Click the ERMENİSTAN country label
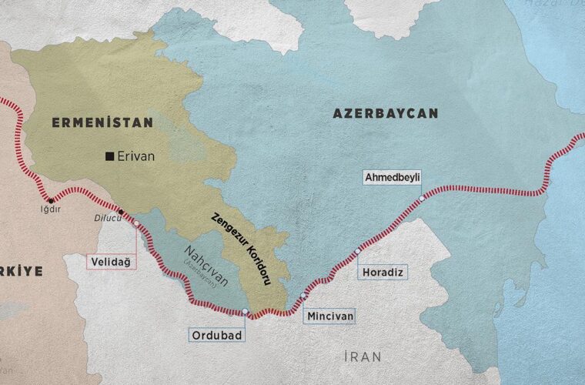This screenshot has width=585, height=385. click(x=102, y=122)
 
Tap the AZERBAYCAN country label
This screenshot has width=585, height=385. click(x=385, y=113)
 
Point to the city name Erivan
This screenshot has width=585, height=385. click(x=137, y=156)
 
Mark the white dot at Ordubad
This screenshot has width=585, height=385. click(x=245, y=312)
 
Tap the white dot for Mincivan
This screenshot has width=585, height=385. click(x=304, y=295)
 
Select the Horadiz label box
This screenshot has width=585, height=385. click(x=382, y=273)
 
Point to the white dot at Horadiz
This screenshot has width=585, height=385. click(x=357, y=251)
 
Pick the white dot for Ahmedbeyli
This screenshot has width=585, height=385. click(x=422, y=198)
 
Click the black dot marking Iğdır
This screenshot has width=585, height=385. click(x=51, y=200)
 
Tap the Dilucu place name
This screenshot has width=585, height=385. click(x=108, y=216)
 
